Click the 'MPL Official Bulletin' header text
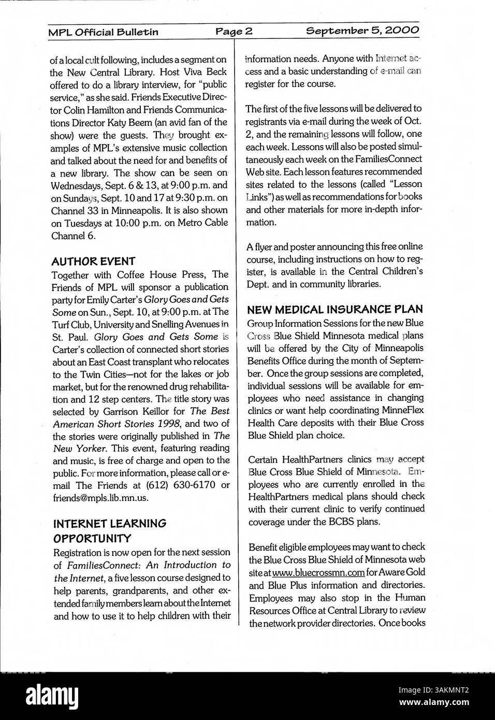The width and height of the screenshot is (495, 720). point(103,32)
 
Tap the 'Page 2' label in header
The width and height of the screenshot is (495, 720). point(234,32)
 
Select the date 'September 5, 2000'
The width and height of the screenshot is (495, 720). point(362,31)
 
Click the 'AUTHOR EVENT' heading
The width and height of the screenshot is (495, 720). point(93,261)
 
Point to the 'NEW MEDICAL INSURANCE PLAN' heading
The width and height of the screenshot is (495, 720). point(335,310)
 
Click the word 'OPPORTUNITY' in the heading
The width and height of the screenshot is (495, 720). point(92,538)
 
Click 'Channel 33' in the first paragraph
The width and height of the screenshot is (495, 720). point(75,210)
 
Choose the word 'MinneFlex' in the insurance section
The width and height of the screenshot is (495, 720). point(401,410)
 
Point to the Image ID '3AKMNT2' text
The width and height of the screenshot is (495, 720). point(447,689)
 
